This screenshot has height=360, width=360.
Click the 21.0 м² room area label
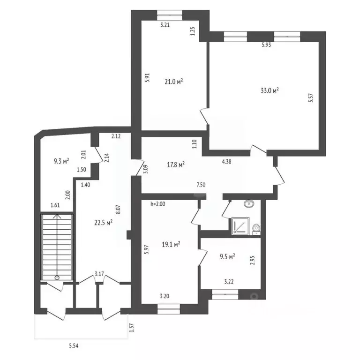pos(173,82)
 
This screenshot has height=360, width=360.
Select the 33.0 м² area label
pos(270,91)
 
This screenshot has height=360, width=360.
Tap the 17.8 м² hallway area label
pos(175,164)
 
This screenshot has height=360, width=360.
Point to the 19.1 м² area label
pos(171,244)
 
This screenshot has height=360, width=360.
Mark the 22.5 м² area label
pos(103,223)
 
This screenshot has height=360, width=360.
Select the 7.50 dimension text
pos(201,185)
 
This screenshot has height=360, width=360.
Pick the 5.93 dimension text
pos(266,45)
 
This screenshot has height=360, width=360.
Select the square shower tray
pos(240,226)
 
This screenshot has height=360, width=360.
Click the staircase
pos(57,247)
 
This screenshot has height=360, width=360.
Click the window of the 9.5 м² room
pos(225,295)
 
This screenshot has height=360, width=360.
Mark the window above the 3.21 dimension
pos(168,13)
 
